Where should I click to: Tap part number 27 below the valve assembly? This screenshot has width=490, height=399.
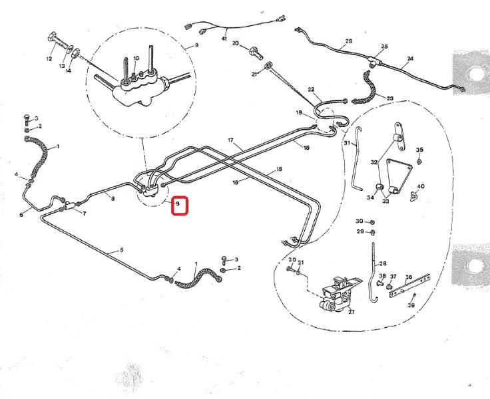351,311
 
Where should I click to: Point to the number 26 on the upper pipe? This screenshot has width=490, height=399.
348,41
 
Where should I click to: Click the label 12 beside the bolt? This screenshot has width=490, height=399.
49,59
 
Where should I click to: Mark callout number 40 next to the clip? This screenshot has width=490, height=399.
421,187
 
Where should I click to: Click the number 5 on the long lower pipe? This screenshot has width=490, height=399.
122,250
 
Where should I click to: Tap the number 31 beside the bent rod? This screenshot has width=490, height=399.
347,143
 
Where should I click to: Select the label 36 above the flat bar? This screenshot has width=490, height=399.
409,277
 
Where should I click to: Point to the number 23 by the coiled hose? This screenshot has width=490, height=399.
389,98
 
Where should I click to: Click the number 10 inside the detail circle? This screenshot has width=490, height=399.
136,59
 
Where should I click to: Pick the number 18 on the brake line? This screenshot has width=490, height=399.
306,148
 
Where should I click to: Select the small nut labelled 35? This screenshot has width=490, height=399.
419,161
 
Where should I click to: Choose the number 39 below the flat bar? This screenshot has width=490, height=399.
411,305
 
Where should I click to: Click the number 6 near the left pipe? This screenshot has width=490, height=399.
21,214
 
